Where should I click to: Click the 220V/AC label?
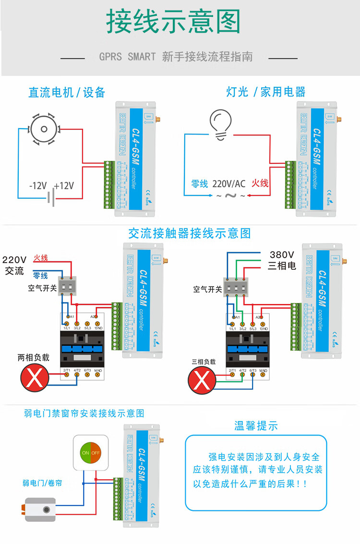point(229,183)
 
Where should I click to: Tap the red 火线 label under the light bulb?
point(260,183)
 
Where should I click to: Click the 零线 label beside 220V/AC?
point(200,183)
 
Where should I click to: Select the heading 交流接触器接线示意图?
point(190,234)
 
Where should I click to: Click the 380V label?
point(282,254)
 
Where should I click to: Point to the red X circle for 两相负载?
point(35,378)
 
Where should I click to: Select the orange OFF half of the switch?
point(96,453)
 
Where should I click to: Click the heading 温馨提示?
point(256,426)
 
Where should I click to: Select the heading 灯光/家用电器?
point(266,92)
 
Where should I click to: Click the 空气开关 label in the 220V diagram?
point(42,289)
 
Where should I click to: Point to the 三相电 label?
point(282,266)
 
